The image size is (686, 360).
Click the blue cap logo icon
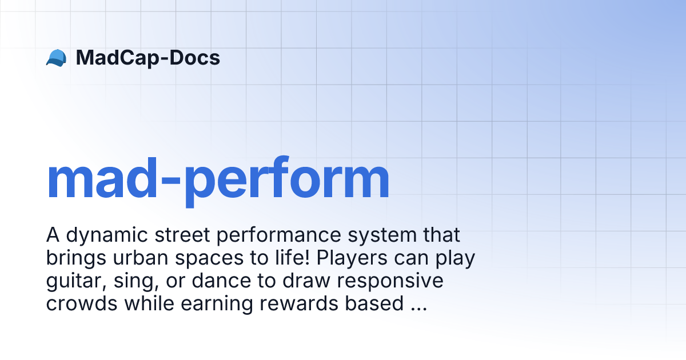[x=57, y=58]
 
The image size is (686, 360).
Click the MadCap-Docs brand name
[x=148, y=58]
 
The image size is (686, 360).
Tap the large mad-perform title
[x=218, y=181]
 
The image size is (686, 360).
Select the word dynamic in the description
[x=107, y=235]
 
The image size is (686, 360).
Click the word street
[x=182, y=235]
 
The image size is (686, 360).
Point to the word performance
[x=279, y=235]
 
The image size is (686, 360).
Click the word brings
[x=76, y=258]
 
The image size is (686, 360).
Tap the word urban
[x=141, y=258]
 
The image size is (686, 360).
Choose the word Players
[x=352, y=258]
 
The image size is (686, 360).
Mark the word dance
[x=221, y=281]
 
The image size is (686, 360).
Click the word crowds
[x=82, y=303]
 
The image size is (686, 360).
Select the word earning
[x=217, y=304]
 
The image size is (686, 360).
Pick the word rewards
[x=299, y=303]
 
